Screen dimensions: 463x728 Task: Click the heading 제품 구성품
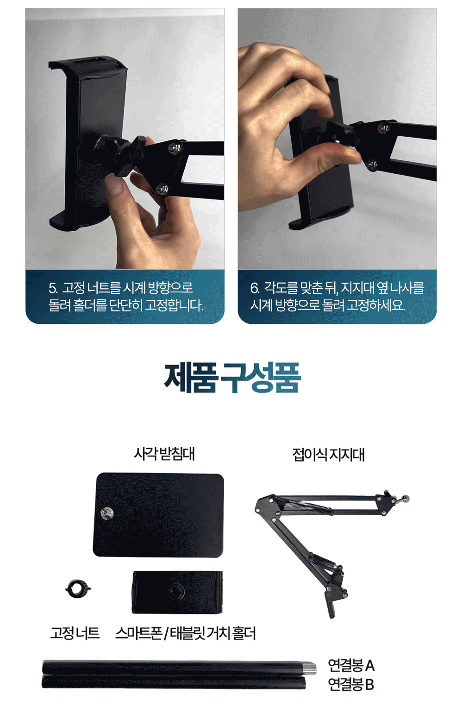(x=232, y=378)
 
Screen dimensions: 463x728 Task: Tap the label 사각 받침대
(x=164, y=454)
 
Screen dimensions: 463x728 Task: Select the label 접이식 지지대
(x=328, y=454)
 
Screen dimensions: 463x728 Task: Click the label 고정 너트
(x=75, y=633)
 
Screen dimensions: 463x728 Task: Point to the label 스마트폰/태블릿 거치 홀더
(x=186, y=633)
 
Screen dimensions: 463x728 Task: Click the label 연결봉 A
(x=351, y=665)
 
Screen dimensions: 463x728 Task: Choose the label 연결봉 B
(x=351, y=684)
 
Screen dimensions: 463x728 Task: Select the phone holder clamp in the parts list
(x=178, y=592)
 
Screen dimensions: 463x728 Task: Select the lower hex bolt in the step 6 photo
(x=370, y=164)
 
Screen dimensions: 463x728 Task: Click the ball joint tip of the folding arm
(x=405, y=498)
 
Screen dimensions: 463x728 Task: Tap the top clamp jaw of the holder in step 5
(x=88, y=65)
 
